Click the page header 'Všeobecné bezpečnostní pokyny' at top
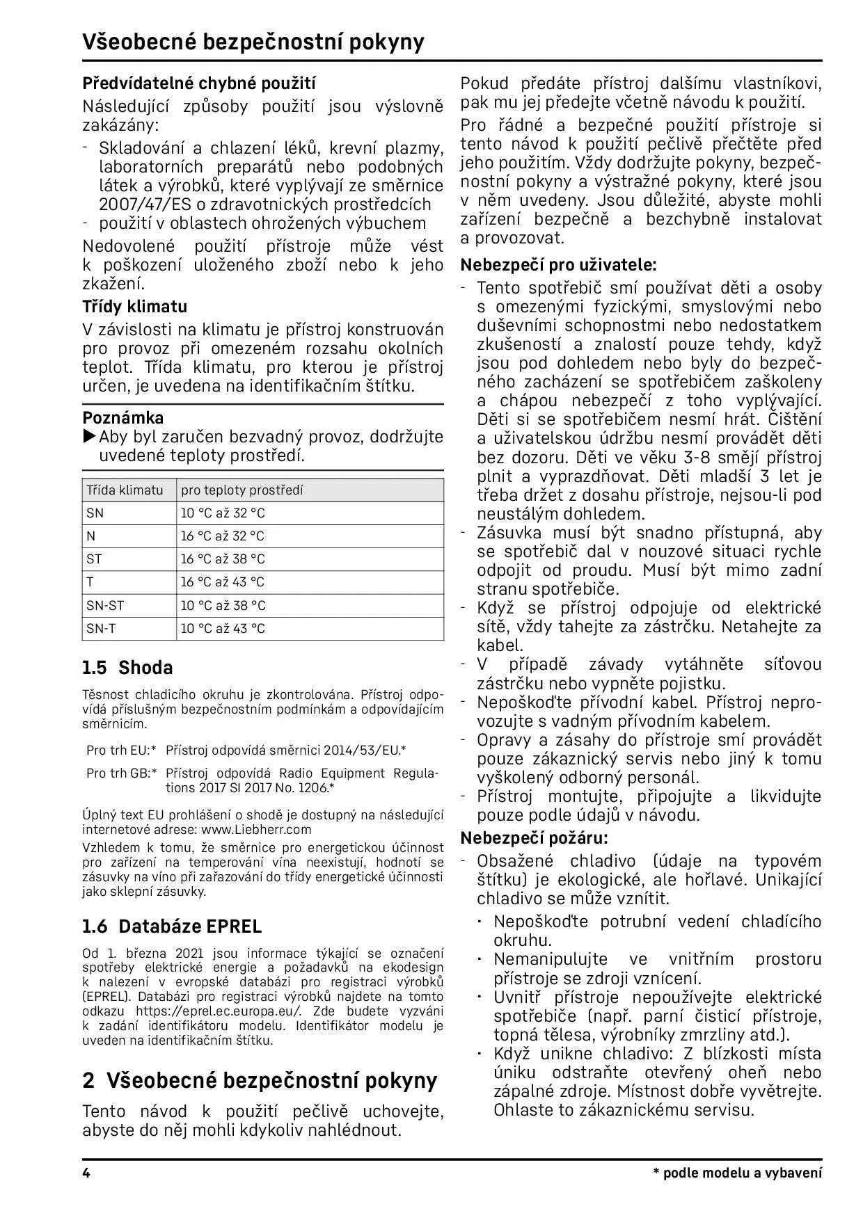pyautogui.click(x=253, y=42)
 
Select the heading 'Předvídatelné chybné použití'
pyautogui.click(x=199, y=84)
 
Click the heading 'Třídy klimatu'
pyautogui.click(x=134, y=307)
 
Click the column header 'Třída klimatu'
pyautogui.click(x=125, y=490)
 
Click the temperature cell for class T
pyautogui.click(x=223, y=582)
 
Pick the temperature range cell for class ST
pyautogui.click(x=223, y=559)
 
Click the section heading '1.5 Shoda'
pyautogui.click(x=127, y=668)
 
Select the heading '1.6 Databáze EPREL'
pyautogui.click(x=172, y=926)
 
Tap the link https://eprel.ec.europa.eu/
pyautogui.click(x=219, y=1011)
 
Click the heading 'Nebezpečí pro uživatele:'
pyautogui.click(x=558, y=265)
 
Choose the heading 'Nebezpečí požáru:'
pyautogui.click(x=534, y=837)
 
